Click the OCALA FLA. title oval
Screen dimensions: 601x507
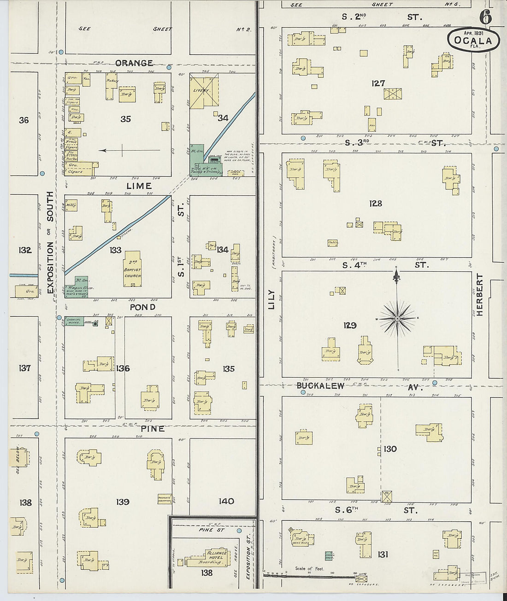coord(473,40)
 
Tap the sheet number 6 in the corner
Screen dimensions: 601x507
coord(485,18)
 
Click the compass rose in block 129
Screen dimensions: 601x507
coord(397,318)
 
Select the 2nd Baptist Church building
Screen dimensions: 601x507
coord(133,269)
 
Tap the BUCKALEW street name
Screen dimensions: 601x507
coord(320,385)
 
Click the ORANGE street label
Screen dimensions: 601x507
coord(134,63)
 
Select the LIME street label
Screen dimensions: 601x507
coord(139,186)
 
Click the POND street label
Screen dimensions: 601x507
coord(142,307)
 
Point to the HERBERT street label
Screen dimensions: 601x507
coord(479,295)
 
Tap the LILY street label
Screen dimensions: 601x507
coord(271,299)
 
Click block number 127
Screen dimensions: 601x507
coord(378,83)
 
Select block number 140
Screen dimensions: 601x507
coord(226,501)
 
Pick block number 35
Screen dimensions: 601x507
coord(125,119)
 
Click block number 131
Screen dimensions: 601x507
coord(383,554)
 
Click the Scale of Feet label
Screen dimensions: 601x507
coord(309,569)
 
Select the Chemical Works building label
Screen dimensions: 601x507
coord(74,321)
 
